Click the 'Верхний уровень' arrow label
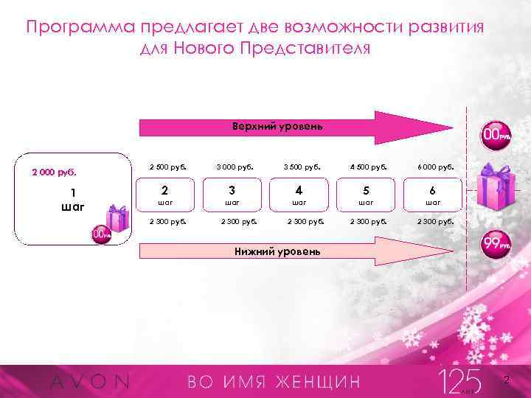tap(277, 126)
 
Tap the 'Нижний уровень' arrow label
tap(277, 251)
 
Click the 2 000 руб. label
tap(53, 173)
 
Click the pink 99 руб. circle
tap(496, 245)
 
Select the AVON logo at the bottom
tap(88, 382)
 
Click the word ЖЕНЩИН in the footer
tap(319, 382)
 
